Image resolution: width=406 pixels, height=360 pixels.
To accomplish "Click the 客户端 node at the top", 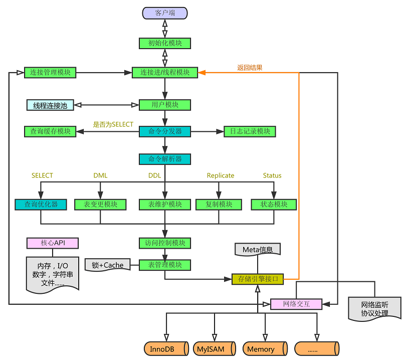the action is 165,13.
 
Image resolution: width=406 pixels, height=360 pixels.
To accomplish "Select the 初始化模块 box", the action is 165,43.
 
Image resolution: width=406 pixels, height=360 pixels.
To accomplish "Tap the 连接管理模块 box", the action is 50,73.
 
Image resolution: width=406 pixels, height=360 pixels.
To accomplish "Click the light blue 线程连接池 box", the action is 50,105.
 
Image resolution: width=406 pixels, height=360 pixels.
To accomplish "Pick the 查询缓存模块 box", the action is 50,131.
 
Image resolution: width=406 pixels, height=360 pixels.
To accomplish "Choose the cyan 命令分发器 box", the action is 165,131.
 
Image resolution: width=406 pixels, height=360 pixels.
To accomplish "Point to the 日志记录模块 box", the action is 250,131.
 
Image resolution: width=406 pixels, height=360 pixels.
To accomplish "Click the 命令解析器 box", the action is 165,159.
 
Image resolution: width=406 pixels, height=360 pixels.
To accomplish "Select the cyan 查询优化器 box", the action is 41,205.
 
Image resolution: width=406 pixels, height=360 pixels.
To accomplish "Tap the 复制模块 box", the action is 219,205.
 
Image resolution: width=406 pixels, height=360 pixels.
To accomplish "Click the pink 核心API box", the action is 53,243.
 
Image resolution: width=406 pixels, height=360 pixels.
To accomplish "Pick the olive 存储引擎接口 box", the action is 258,279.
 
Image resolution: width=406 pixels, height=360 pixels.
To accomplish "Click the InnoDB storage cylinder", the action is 166,348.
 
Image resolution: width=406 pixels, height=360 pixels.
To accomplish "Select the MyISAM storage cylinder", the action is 215,348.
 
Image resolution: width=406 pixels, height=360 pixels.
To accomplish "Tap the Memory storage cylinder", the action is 265,348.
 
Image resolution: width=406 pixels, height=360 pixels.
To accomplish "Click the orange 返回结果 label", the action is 250,68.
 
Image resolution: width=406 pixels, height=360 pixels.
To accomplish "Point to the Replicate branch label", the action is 221,175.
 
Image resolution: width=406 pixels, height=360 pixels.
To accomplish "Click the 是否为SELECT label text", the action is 113,124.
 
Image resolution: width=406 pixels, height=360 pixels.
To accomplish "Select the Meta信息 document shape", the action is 258,249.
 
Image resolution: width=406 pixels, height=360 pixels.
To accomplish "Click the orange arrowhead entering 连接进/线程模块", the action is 201,73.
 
